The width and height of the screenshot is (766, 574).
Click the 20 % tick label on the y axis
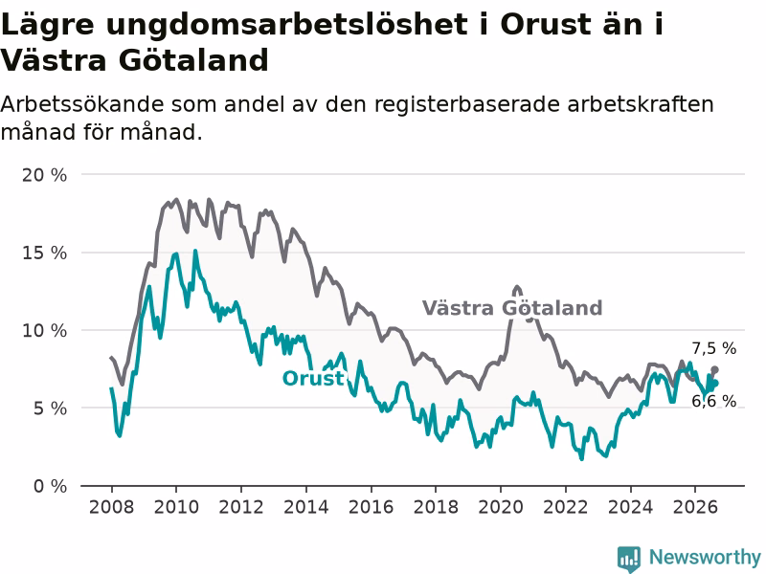point(44,175)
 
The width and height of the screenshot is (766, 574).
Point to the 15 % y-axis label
point(44,253)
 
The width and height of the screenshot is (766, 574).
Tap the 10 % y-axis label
point(44,330)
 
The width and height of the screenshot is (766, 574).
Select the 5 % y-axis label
point(50,408)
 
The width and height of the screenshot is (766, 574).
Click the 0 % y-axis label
point(50,486)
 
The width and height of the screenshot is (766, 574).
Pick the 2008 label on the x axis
point(111,507)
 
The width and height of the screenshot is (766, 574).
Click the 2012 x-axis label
point(241,507)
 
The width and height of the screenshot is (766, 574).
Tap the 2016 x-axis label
point(371,507)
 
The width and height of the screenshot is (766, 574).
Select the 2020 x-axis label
point(501,507)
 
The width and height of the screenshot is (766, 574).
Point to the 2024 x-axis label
point(630,507)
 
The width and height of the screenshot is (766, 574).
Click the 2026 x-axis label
point(695,507)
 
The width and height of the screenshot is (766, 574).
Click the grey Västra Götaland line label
point(512,308)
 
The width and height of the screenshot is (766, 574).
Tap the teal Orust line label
point(313,378)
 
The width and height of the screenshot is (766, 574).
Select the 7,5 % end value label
point(713,348)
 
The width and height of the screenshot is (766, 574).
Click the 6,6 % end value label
point(713,401)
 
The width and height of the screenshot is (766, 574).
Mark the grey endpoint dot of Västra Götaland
point(714,369)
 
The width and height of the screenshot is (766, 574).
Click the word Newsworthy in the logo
point(705,557)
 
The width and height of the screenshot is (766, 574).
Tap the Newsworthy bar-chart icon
point(629,558)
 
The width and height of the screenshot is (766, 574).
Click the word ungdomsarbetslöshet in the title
point(286,25)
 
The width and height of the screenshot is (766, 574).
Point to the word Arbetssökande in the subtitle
point(81,104)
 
